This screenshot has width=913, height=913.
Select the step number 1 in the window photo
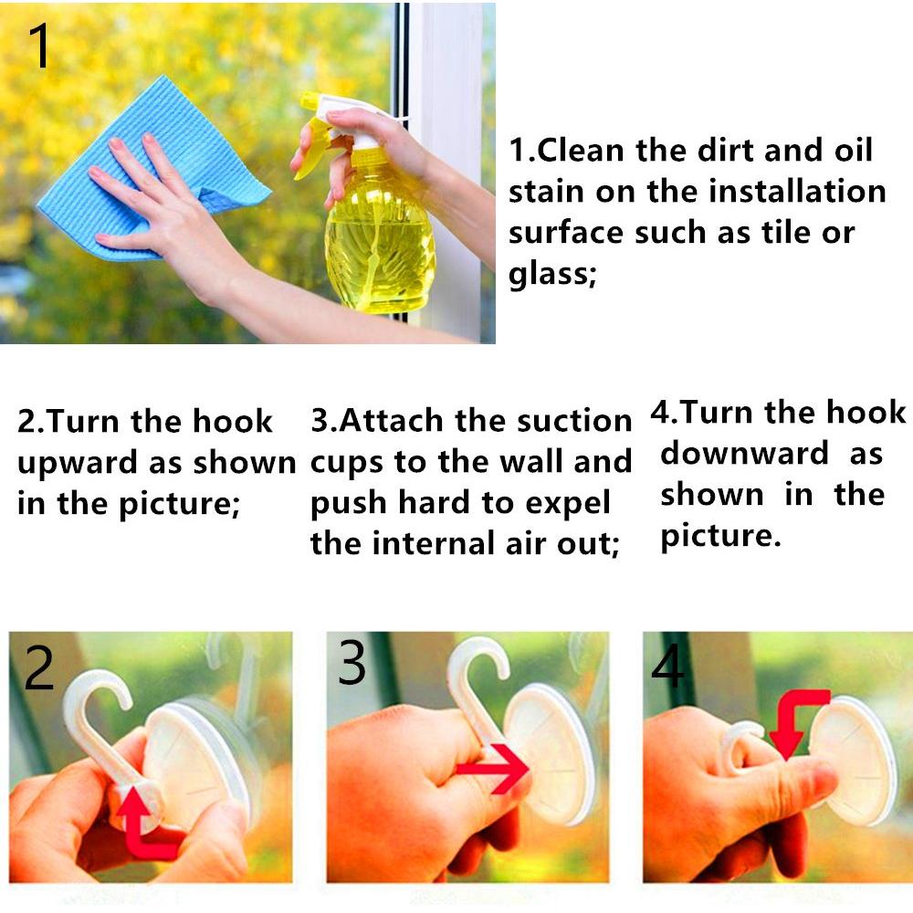pyautogui.click(x=39, y=46)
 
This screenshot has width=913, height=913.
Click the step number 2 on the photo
pyautogui.click(x=39, y=668)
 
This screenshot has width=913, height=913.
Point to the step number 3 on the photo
pyautogui.click(x=352, y=662)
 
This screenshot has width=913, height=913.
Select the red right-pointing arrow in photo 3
pyautogui.click(x=493, y=769)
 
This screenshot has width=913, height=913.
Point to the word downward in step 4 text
pyautogui.click(x=744, y=453)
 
